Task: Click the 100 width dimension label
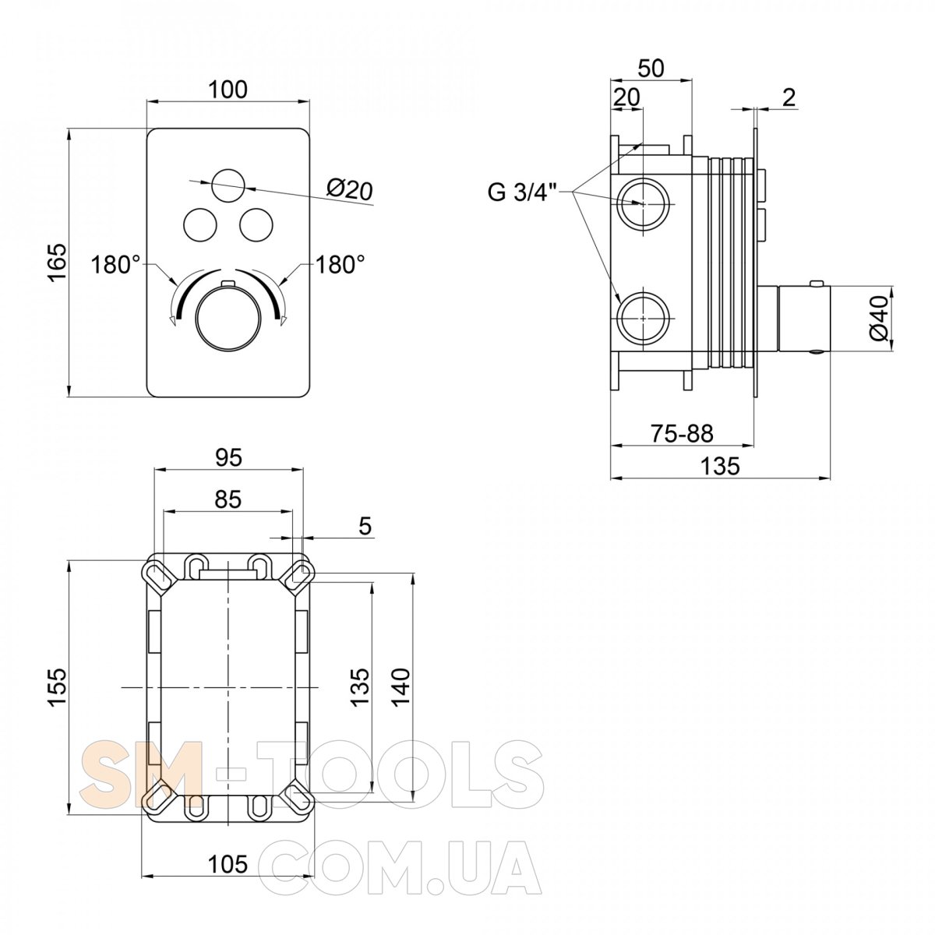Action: tap(228, 90)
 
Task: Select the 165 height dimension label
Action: tap(58, 262)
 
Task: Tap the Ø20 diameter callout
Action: tap(349, 190)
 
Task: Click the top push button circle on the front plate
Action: tap(228, 185)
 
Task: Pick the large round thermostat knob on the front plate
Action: tap(228, 318)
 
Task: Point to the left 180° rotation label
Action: tap(115, 266)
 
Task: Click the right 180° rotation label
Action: tap(340, 265)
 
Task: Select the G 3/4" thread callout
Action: tap(521, 192)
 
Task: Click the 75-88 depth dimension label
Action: tap(682, 434)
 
